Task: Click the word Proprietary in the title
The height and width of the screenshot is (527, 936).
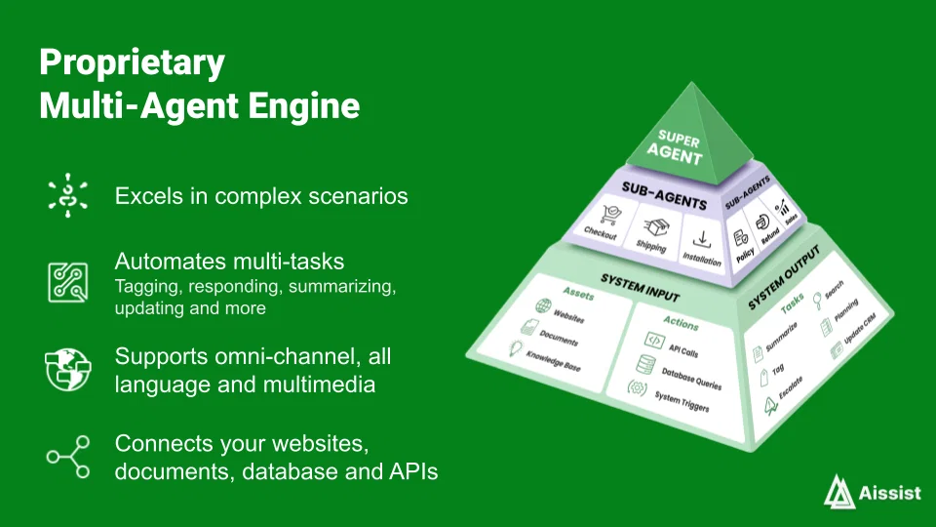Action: pyautogui.click(x=132, y=63)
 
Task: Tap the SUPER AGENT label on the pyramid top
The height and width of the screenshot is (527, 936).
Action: pyautogui.click(x=677, y=147)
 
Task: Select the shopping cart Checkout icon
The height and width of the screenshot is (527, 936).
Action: pyautogui.click(x=610, y=215)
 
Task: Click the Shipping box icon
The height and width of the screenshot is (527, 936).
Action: pyautogui.click(x=656, y=226)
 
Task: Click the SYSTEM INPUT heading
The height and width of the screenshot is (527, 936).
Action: pyautogui.click(x=640, y=288)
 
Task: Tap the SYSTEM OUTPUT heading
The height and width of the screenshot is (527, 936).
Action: pyautogui.click(x=784, y=277)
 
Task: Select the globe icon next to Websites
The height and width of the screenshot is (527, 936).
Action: pyautogui.click(x=543, y=306)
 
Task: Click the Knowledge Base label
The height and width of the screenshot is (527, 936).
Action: pyautogui.click(x=554, y=361)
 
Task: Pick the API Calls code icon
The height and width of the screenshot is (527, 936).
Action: pyautogui.click(x=654, y=341)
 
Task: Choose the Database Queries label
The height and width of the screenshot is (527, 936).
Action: pyautogui.click(x=691, y=379)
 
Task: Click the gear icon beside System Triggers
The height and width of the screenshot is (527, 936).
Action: pyautogui.click(x=637, y=389)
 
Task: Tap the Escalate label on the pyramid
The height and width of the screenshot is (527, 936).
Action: pyautogui.click(x=791, y=387)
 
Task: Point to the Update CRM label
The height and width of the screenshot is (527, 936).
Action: pyautogui.click(x=859, y=328)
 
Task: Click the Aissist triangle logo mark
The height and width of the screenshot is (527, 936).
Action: pyautogui.click(x=838, y=492)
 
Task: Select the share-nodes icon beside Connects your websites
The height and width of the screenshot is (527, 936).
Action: pyautogui.click(x=68, y=457)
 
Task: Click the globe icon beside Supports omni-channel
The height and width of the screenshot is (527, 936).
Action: pyautogui.click(x=68, y=369)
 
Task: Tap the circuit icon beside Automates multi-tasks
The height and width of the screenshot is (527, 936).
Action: pyautogui.click(x=68, y=282)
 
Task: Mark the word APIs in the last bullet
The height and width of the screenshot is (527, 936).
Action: pyautogui.click(x=413, y=471)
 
